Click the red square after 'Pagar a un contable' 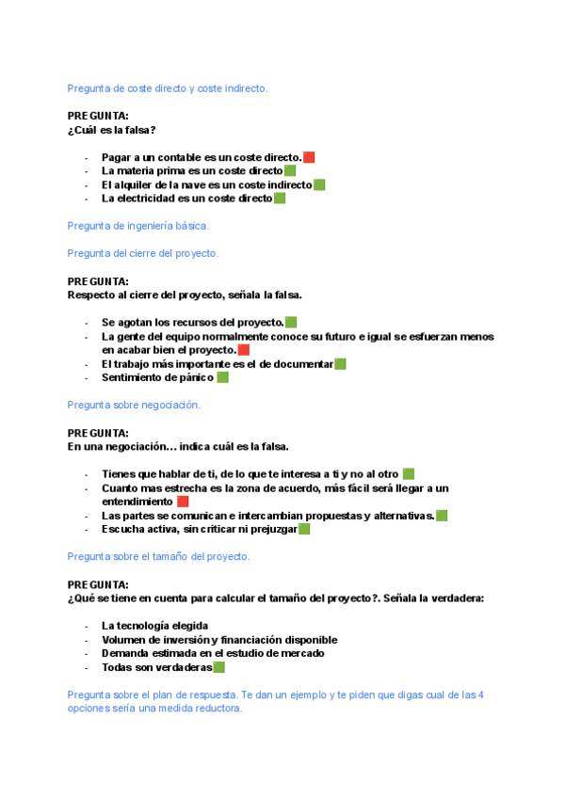click(x=309, y=157)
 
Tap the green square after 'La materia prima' click(x=290, y=171)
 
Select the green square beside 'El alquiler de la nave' click(x=319, y=185)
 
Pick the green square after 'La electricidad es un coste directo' click(x=280, y=199)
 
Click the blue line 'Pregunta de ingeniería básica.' click(x=138, y=226)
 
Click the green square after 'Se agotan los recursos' click(x=291, y=323)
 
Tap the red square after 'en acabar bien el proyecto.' click(x=243, y=350)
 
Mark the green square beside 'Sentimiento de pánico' click(x=222, y=377)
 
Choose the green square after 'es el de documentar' click(x=340, y=364)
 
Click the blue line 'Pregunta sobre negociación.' click(x=134, y=405)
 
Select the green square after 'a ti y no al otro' click(x=408, y=473)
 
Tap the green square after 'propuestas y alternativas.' click(x=442, y=516)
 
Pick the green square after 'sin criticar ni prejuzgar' click(x=304, y=529)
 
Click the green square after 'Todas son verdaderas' click(x=218, y=667)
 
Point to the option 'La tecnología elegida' click(x=154, y=626)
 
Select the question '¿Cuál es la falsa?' click(x=112, y=130)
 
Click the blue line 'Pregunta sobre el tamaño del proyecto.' click(x=158, y=557)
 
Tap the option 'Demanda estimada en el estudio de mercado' click(x=213, y=653)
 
